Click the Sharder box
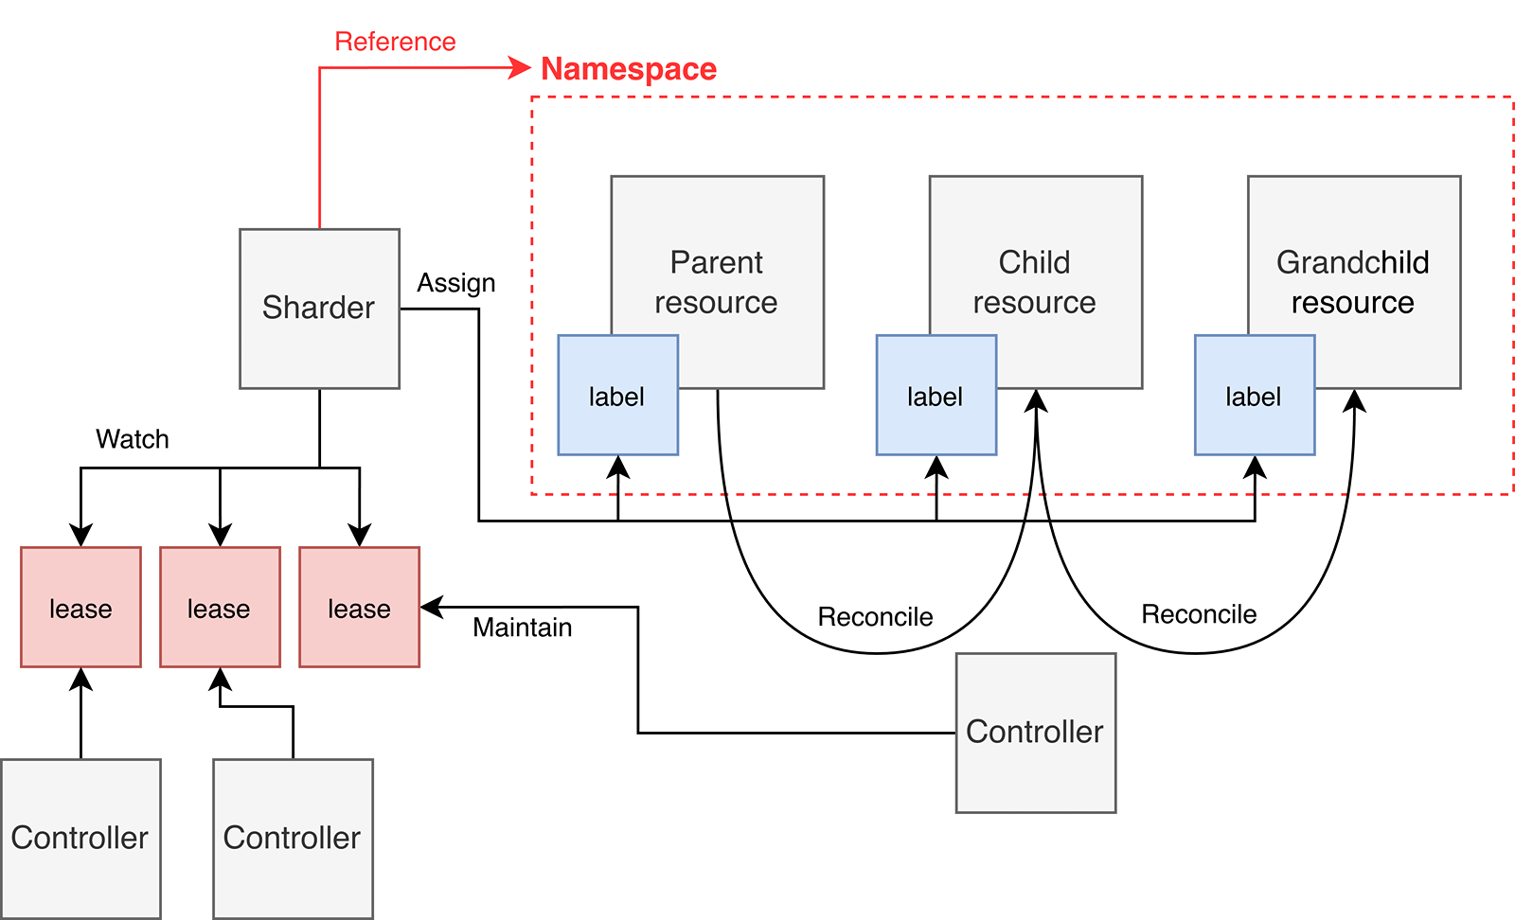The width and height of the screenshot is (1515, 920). (319, 309)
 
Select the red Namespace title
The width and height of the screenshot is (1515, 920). (629, 69)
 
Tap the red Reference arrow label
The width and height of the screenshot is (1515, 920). (395, 42)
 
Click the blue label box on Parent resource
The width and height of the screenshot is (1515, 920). (617, 396)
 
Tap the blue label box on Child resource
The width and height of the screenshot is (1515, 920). (936, 396)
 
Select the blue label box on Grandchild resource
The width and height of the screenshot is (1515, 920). (1254, 396)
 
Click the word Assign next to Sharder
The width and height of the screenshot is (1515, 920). (456, 283)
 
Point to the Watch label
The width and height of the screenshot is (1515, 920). (133, 439)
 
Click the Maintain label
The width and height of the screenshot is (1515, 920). (522, 628)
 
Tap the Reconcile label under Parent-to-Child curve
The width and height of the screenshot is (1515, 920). (875, 617)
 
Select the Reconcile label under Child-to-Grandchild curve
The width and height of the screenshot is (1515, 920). (1199, 614)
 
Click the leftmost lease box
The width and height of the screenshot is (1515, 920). (80, 607)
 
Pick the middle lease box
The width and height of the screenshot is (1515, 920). (220, 607)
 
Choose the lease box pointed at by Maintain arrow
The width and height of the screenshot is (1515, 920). (359, 607)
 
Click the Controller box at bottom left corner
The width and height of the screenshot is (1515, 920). (80, 838)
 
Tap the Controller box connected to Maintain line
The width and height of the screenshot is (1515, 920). (1036, 733)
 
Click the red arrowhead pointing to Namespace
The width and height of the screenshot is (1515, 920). (520, 67)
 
